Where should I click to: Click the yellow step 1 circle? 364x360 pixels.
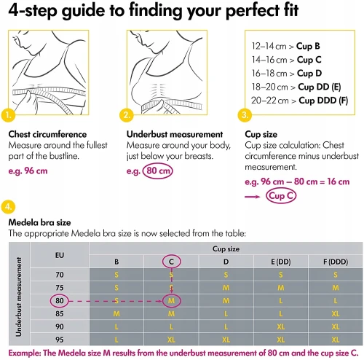click(9, 115)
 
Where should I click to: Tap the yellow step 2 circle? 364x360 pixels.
click(127, 115)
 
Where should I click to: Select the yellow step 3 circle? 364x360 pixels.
click(245, 115)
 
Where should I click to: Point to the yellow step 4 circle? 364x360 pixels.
click(9, 207)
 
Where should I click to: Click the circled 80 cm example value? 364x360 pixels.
click(158, 171)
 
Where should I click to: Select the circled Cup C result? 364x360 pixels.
click(281, 196)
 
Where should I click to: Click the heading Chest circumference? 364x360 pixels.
click(47, 134)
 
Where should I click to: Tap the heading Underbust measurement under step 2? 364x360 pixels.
click(175, 134)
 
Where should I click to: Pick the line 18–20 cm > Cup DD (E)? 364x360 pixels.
click(296, 87)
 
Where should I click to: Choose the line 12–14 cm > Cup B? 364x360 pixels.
click(285, 46)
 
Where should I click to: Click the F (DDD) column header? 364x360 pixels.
click(336, 262)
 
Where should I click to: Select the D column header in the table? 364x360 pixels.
click(226, 262)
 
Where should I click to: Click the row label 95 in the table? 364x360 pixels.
click(60, 340)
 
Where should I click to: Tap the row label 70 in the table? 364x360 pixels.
click(60, 275)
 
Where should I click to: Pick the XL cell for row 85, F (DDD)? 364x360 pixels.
click(336, 314)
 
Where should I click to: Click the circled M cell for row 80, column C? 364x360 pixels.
click(171, 301)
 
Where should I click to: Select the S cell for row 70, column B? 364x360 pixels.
click(116, 275)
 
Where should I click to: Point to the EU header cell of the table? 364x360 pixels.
click(60, 255)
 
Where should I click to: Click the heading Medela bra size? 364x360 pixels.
click(39, 222)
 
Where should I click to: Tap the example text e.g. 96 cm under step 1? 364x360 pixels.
click(28, 171)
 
